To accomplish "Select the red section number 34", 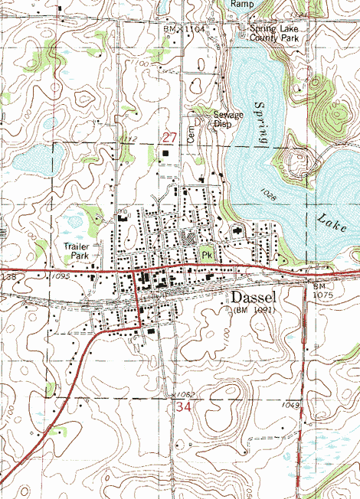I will tap(183, 408).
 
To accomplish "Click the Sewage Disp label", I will tap(227, 119).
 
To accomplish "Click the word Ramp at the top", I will tap(242, 4).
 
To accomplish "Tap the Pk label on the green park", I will tap(206, 255).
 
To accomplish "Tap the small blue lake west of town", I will tap(30, 161).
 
